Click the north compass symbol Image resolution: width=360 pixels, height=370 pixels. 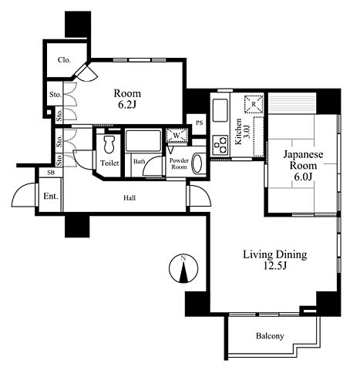pyautogui.click(x=183, y=269)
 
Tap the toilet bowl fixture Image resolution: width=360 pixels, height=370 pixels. pyautogui.click(x=109, y=145)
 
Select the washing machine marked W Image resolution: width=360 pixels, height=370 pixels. pyautogui.click(x=177, y=135)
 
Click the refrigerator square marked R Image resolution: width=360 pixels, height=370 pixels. pyautogui.click(x=254, y=104)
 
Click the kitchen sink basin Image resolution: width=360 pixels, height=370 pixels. pyautogui.click(x=220, y=110)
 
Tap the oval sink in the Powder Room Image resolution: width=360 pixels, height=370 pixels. pyautogui.click(x=197, y=163)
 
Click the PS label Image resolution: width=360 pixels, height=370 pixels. pyautogui.click(x=199, y=123)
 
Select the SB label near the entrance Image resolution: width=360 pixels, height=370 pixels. pyautogui.click(x=51, y=173)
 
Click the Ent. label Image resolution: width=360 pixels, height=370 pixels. pyautogui.click(x=51, y=197)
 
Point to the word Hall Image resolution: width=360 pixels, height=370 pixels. pyautogui.click(x=130, y=198)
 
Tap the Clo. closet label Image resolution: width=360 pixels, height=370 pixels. pyautogui.click(x=64, y=60)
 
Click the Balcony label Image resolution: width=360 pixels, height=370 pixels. pyautogui.click(x=270, y=336)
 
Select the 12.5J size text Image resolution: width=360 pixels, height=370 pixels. pyautogui.click(x=275, y=266)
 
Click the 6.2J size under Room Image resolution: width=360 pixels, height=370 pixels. pyautogui.click(x=126, y=105)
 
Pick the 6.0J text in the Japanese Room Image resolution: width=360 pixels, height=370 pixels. pyautogui.click(x=303, y=177)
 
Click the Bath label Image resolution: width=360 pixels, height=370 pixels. pyautogui.click(x=139, y=162)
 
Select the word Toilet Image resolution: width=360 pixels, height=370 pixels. pyautogui.click(x=109, y=163)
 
